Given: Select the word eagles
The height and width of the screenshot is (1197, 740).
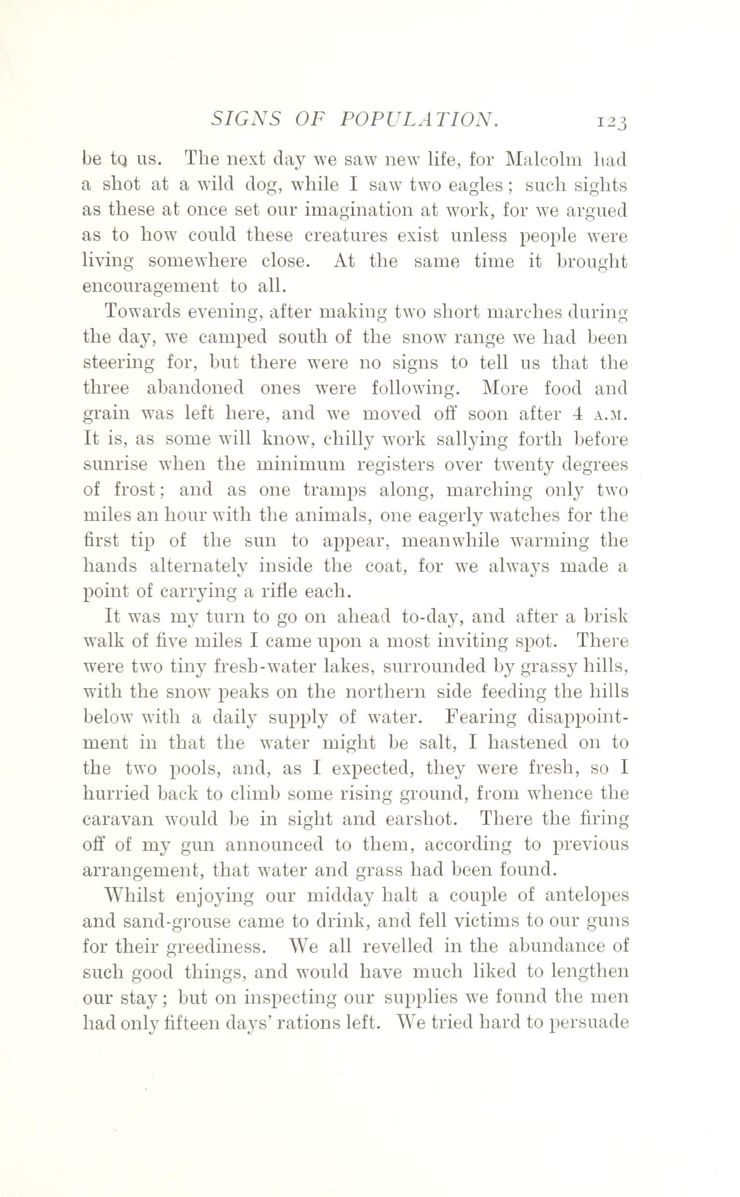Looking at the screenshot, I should click(x=477, y=186).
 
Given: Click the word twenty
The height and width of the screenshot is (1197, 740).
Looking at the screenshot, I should click(x=522, y=465).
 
